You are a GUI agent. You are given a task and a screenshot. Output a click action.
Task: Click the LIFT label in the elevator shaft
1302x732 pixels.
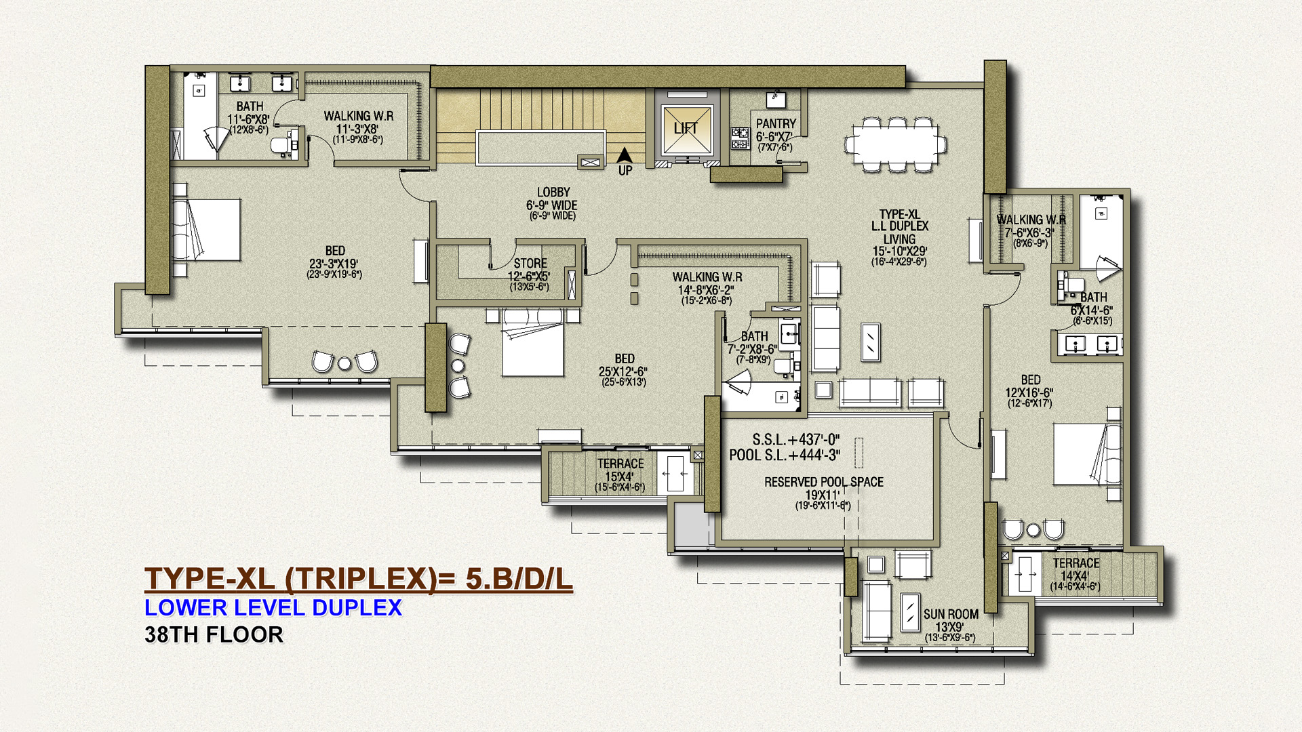click(686, 128)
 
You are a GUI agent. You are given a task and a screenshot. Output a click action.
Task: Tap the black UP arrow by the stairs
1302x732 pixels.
click(625, 156)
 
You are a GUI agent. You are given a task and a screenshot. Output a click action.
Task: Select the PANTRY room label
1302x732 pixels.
click(776, 124)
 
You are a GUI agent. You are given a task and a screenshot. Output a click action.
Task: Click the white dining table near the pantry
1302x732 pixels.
click(895, 144)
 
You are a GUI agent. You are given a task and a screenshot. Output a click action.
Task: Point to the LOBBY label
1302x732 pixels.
click(553, 192)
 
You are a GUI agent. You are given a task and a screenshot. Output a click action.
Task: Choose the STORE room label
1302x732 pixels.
click(530, 263)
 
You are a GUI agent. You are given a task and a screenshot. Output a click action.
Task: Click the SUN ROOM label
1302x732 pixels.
click(951, 614)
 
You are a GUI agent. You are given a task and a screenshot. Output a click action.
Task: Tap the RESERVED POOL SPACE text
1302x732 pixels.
click(824, 482)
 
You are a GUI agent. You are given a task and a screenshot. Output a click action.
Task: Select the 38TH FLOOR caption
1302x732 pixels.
click(214, 635)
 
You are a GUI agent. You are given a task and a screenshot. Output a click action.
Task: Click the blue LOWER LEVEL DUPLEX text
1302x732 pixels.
click(273, 607)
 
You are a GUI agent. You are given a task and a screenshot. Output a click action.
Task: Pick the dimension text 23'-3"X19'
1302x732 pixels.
click(334, 264)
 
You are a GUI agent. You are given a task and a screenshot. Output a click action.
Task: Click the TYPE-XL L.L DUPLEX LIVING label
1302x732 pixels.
click(900, 226)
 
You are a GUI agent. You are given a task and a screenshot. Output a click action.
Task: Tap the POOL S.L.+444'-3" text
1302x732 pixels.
click(785, 455)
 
